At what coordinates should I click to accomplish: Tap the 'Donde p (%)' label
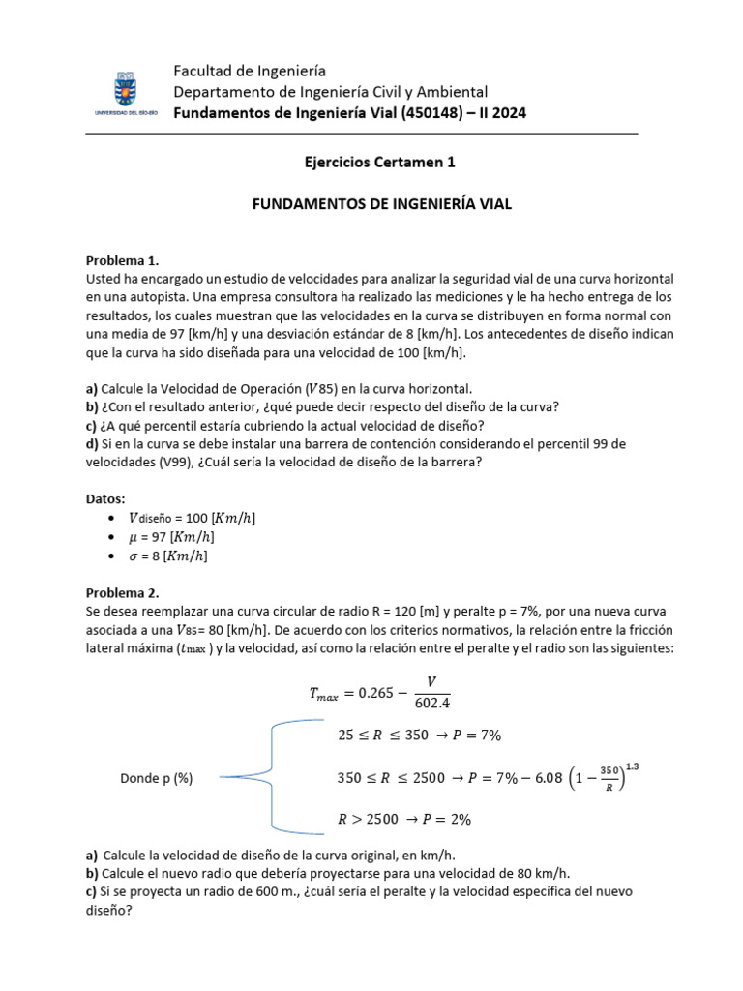pos(157,777)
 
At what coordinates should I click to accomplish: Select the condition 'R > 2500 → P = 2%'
pos(404,819)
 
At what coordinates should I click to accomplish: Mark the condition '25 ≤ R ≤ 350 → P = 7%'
pos(419,736)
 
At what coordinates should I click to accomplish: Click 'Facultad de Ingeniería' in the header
pos(249,71)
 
